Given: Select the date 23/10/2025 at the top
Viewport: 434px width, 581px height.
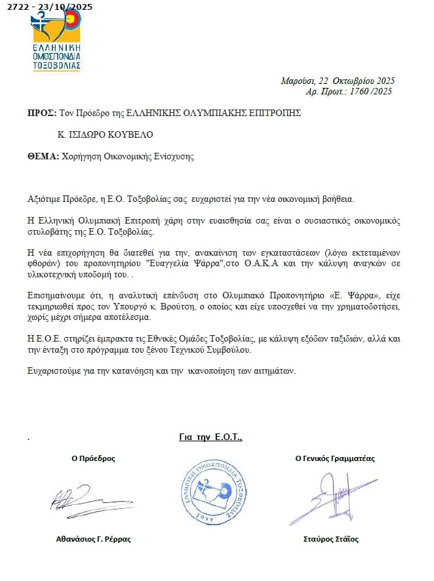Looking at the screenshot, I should pos(68,7).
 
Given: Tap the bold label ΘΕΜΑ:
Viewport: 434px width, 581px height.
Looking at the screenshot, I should pos(43,157).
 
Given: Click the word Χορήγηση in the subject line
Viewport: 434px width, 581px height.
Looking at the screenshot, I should pos(79,157).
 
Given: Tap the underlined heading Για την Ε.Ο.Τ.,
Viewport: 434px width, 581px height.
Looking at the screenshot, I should pos(210,437).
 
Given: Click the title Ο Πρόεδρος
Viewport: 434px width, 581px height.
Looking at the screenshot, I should pos(94,459).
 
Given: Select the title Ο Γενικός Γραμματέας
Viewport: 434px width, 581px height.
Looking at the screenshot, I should pos(335,458).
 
